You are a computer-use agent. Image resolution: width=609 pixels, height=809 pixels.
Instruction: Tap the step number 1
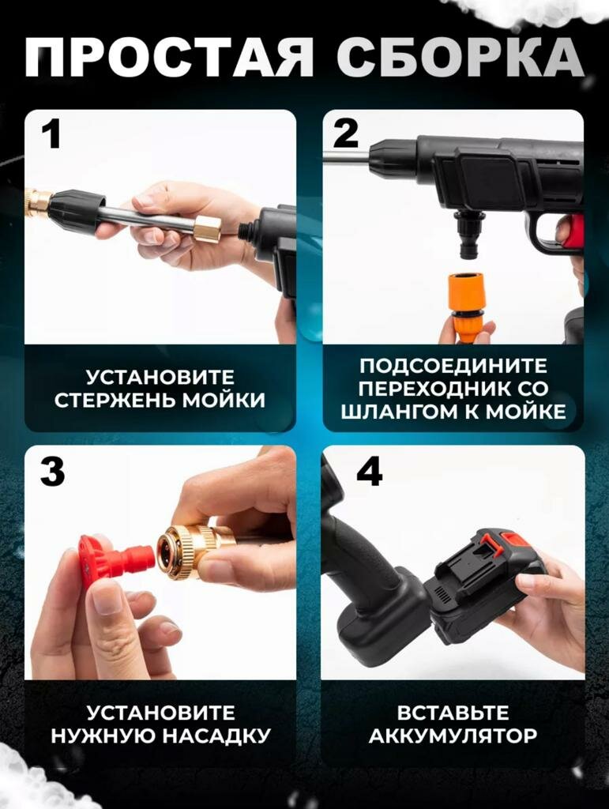pyautogui.click(x=51, y=136)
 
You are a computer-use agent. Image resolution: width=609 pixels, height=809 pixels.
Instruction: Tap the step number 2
pyautogui.click(x=345, y=133)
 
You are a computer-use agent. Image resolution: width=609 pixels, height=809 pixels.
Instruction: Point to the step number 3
pyautogui.click(x=53, y=472)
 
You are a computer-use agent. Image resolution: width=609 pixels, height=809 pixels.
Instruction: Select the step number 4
pyautogui.click(x=370, y=472)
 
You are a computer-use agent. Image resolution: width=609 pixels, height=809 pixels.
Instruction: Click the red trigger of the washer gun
pyautogui.click(x=572, y=231)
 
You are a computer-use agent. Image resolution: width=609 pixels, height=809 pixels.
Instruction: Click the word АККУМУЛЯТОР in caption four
pyautogui.click(x=453, y=736)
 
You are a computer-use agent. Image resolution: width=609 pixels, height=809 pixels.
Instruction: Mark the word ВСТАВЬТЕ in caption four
pyautogui.click(x=453, y=713)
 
